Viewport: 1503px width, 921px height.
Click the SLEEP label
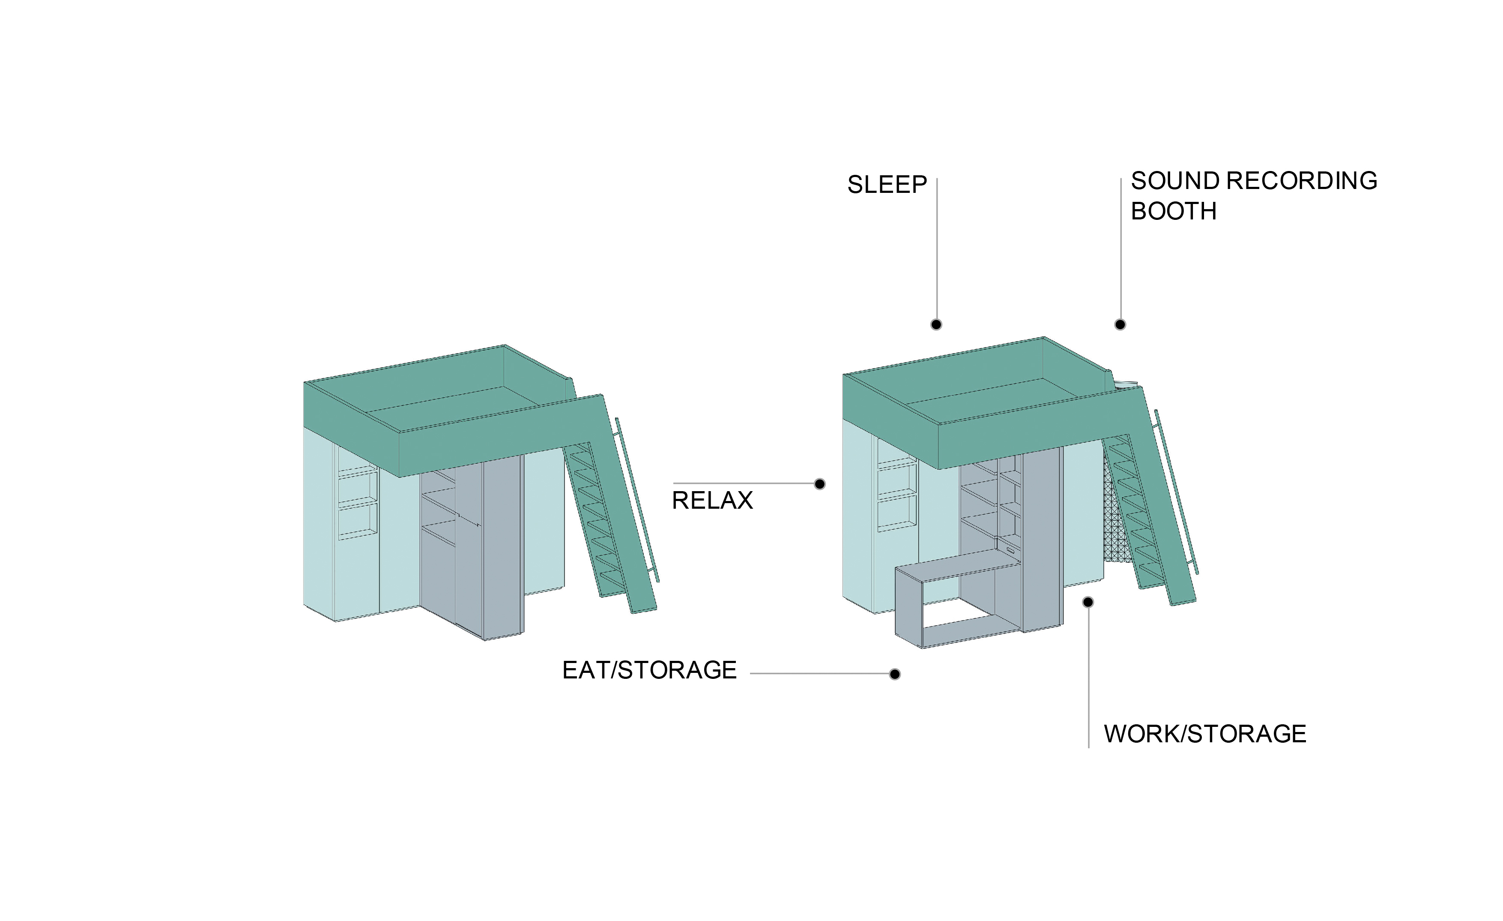click(x=887, y=184)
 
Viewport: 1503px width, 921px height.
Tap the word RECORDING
click(x=1302, y=181)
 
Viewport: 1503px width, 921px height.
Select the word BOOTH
click(x=1174, y=211)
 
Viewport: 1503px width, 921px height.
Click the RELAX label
click(x=712, y=501)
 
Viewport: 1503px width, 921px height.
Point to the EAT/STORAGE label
click(x=649, y=670)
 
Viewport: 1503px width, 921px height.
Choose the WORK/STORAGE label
click(x=1205, y=734)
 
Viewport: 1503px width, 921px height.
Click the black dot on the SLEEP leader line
click(x=936, y=325)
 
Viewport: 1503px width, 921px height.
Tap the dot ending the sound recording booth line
click(x=1120, y=325)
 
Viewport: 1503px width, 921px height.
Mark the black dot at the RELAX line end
click(x=820, y=484)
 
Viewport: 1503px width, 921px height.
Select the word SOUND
click(x=1175, y=181)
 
